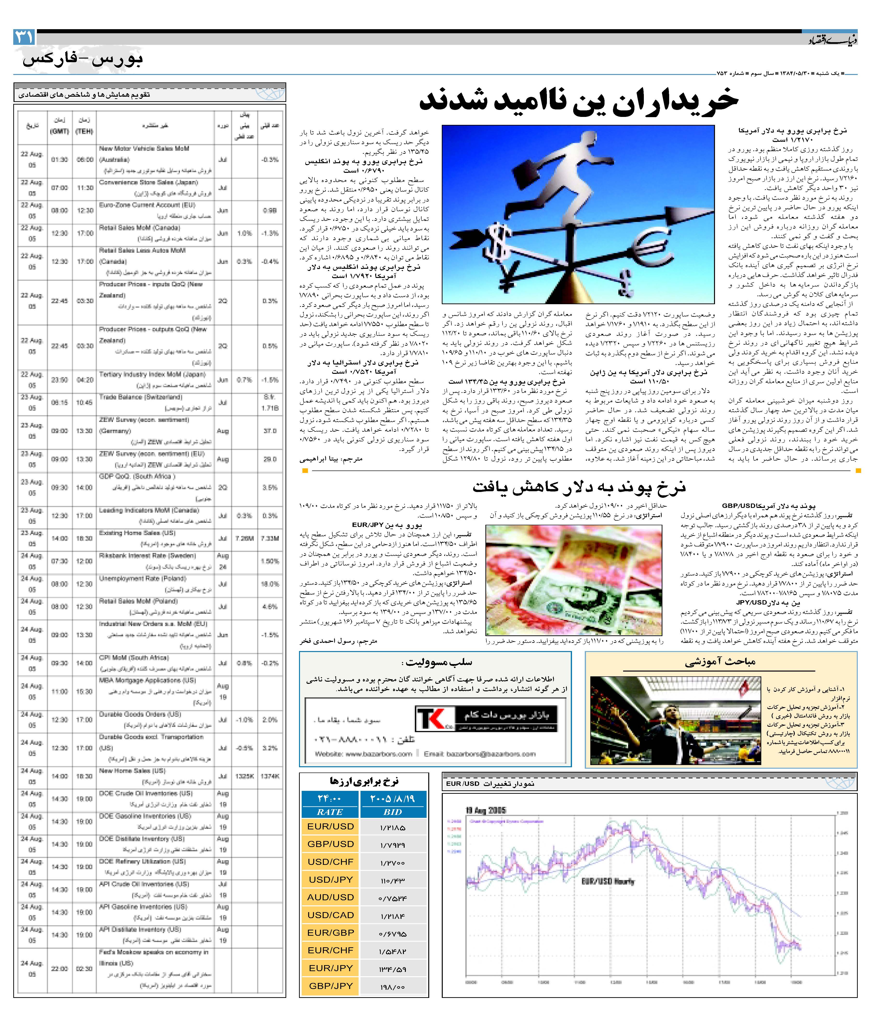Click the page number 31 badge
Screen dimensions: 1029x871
pyautogui.click(x=24, y=37)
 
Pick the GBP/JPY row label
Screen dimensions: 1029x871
pyautogui.click(x=330, y=986)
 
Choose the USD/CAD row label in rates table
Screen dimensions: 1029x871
pyautogui.click(x=330, y=915)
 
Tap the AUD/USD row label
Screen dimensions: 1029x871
pyautogui.click(x=330, y=897)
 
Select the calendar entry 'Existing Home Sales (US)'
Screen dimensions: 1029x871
pyautogui.click(x=137, y=533)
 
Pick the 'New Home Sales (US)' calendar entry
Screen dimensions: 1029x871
pyautogui.click(x=132, y=771)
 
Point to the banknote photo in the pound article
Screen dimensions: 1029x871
pyautogui.click(x=574, y=580)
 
